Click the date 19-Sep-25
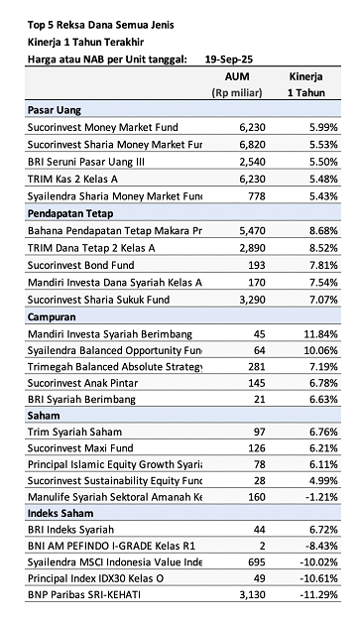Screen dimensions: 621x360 pos(226,59)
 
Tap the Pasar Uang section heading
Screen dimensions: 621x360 pos(56,110)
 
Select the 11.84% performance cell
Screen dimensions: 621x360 pos(318,333)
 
